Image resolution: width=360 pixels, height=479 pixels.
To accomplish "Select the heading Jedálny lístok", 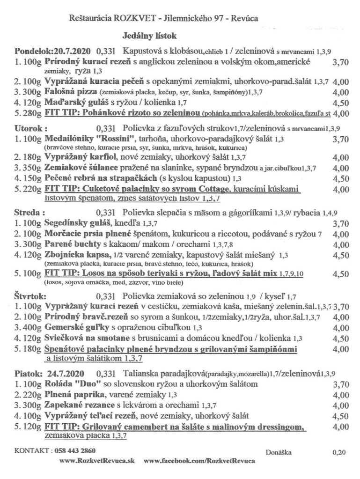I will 149,35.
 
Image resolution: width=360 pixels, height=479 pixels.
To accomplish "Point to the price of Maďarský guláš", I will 341,103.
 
